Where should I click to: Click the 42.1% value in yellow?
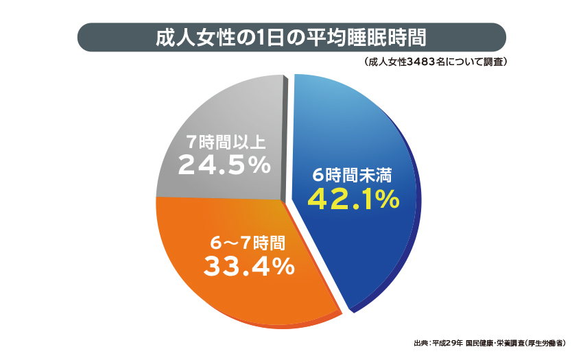tap(353, 200)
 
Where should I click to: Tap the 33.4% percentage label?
tap(248, 265)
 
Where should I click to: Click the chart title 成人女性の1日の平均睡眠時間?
tap(291, 37)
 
